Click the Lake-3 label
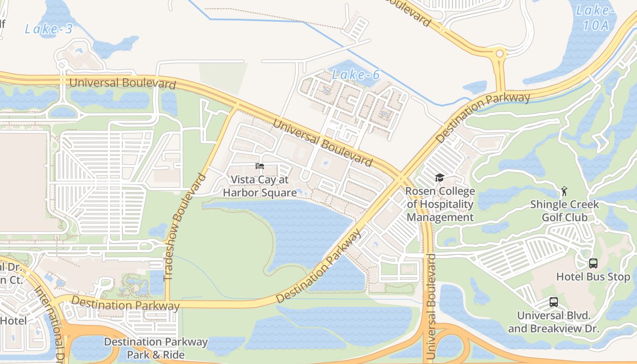(48, 29)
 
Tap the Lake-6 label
(355, 75)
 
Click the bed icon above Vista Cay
(260, 166)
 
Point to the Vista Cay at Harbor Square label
(260, 186)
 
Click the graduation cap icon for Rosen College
(440, 177)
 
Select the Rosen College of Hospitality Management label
(440, 204)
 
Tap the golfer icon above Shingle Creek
(564, 191)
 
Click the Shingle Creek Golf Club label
(564, 211)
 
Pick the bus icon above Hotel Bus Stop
(593, 263)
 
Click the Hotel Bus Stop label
(593, 277)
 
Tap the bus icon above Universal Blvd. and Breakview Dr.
(554, 302)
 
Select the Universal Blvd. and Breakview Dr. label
(554, 322)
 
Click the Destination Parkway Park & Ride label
(156, 348)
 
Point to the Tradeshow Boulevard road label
(184, 226)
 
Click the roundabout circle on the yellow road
(500, 54)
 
